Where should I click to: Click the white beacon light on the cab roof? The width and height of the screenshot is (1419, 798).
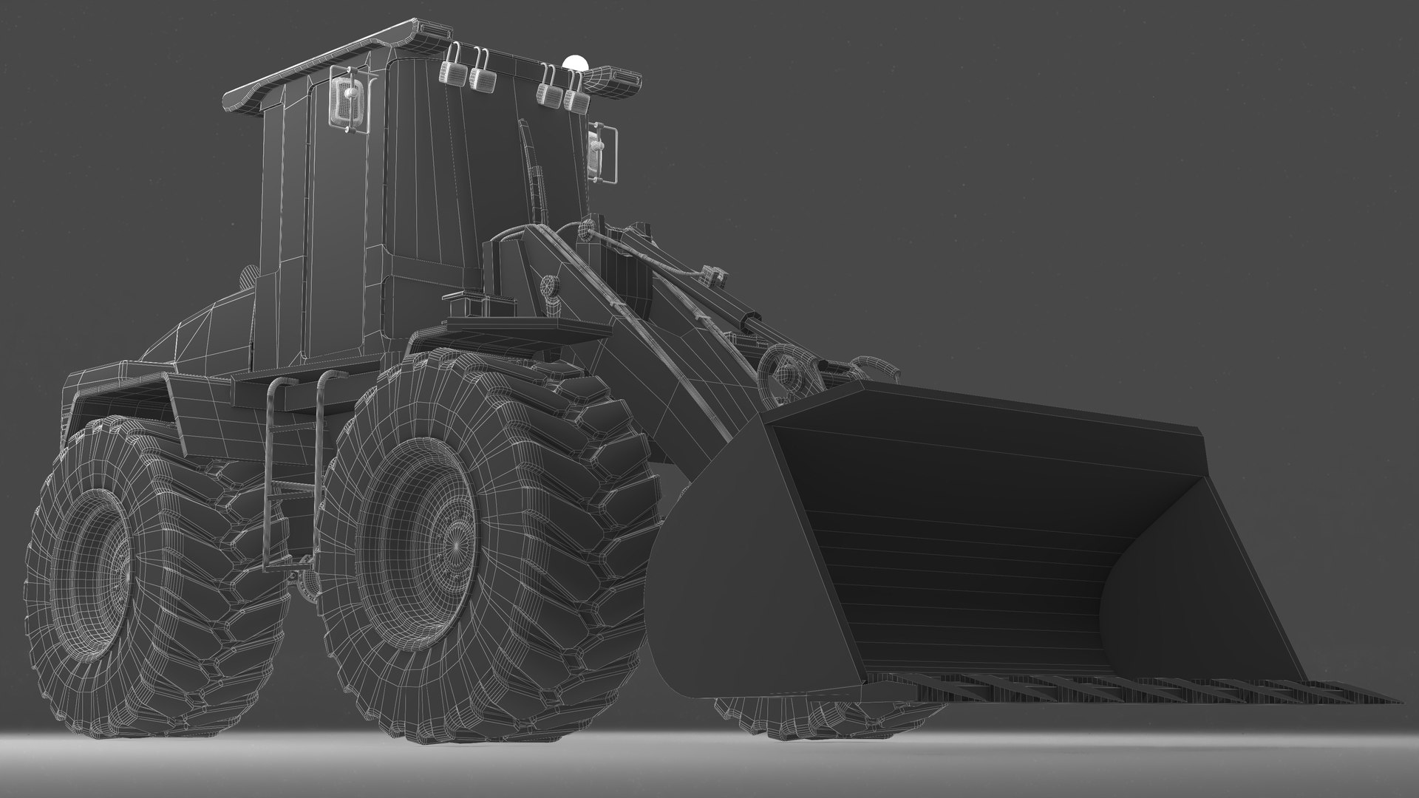pos(576,64)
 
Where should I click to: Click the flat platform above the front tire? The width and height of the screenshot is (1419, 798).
pos(528,327)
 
